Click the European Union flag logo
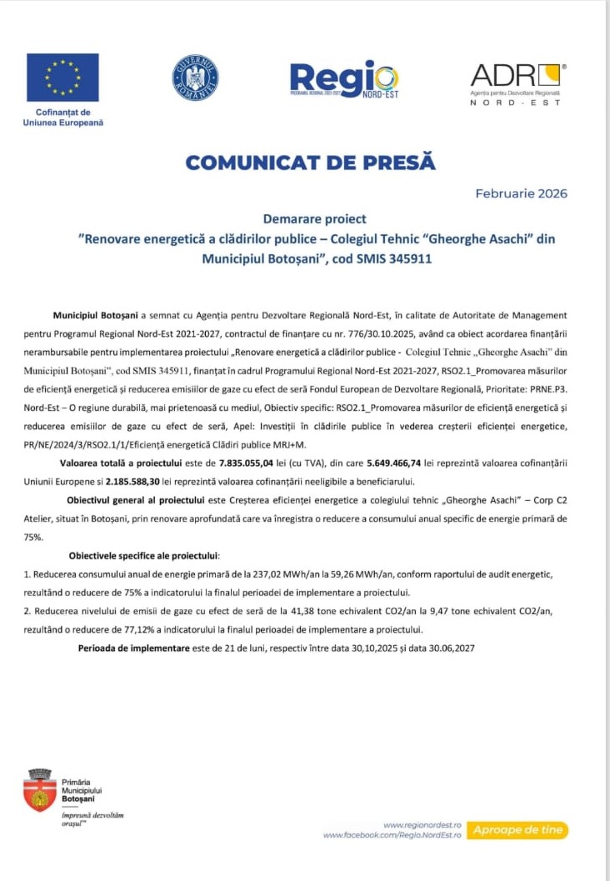tap(62, 78)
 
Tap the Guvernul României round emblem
tap(195, 78)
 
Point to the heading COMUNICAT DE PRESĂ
tap(310, 162)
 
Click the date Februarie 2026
tap(521, 193)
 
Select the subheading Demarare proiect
tap(314, 219)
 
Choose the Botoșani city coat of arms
tap(38, 791)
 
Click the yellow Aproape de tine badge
tap(517, 829)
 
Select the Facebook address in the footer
tap(392, 834)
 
